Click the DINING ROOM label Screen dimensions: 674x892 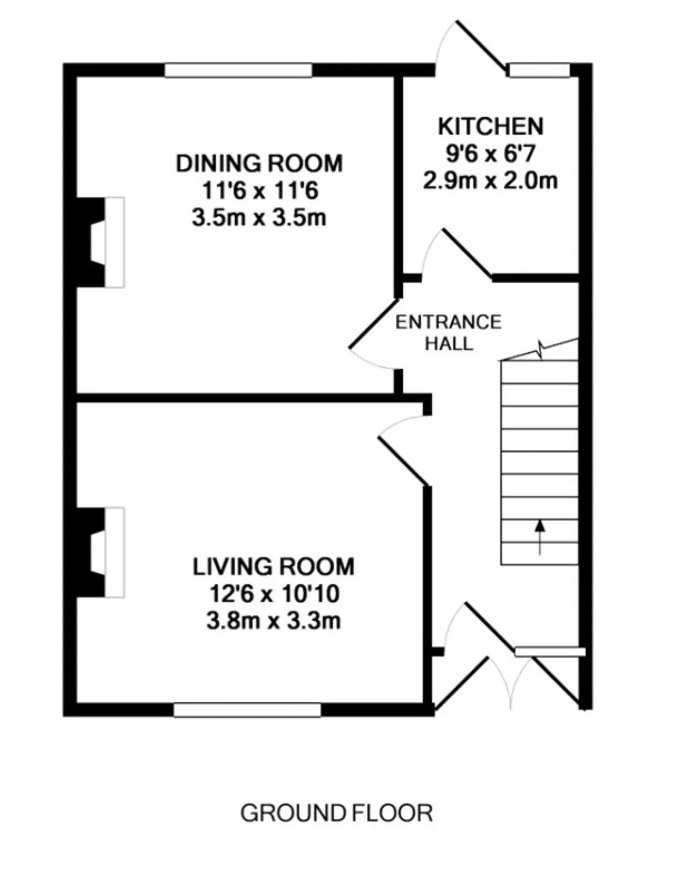pyautogui.click(x=259, y=163)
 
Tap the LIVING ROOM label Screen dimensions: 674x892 pyautogui.click(x=273, y=567)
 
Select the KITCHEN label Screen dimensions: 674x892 pyautogui.click(x=491, y=127)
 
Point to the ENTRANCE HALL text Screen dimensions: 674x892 pyautogui.click(x=449, y=333)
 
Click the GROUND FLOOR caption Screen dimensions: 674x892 pyautogui.click(x=337, y=813)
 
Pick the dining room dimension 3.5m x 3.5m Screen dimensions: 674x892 pyautogui.click(x=259, y=218)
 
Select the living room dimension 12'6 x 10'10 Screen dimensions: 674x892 pyautogui.click(x=274, y=594)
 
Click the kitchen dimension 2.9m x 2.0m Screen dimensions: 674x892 pyautogui.click(x=490, y=181)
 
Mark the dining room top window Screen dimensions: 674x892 pyautogui.click(x=239, y=70)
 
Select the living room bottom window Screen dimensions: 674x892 pyautogui.click(x=247, y=710)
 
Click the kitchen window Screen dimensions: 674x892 pyautogui.click(x=540, y=70)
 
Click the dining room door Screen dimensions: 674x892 pyautogui.click(x=373, y=335)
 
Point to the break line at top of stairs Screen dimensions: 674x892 pyautogui.click(x=539, y=350)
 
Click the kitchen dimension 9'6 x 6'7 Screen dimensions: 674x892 pyautogui.click(x=491, y=154)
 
